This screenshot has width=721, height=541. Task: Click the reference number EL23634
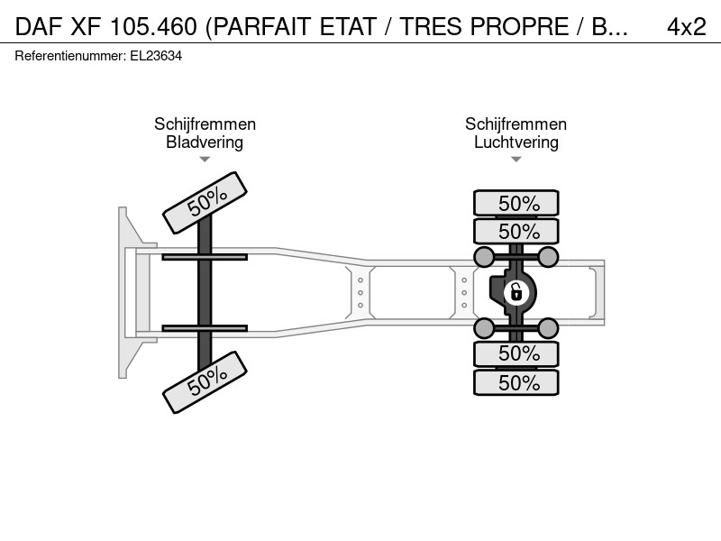156,56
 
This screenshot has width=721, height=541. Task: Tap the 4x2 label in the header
687,27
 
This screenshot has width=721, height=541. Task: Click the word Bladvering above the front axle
205,142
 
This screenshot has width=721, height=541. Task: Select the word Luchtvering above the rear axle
516,142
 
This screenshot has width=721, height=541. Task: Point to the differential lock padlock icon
516,292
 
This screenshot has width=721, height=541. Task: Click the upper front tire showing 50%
205,203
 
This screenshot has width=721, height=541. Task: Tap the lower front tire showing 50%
205,382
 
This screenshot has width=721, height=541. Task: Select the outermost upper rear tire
516,203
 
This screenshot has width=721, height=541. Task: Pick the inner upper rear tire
516,231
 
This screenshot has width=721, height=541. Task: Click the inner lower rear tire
516,353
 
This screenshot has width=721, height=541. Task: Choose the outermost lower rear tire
516,382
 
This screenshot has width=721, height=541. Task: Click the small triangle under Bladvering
205,160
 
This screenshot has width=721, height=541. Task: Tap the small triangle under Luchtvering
516,160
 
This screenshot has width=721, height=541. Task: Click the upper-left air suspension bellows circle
484,257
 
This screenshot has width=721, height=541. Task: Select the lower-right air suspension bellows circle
548,328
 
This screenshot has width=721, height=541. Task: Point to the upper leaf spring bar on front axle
205,257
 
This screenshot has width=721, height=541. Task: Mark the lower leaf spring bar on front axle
205,328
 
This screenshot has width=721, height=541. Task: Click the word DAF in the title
39,27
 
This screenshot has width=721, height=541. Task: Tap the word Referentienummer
70,56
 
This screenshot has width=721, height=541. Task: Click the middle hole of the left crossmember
360,292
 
